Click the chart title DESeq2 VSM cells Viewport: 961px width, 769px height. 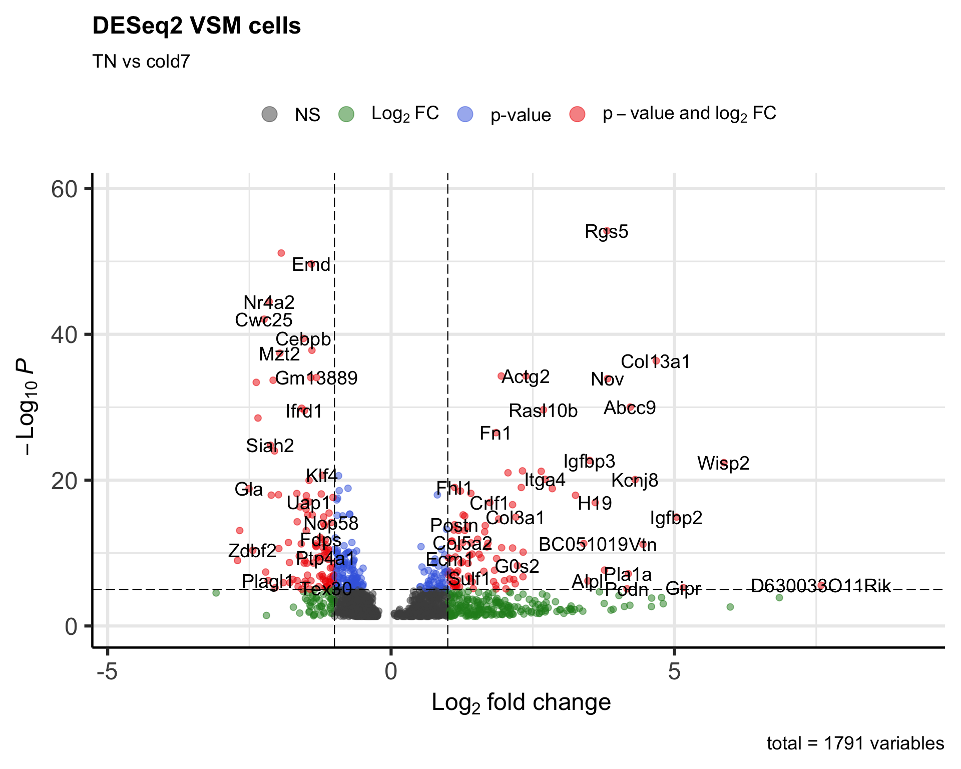196,26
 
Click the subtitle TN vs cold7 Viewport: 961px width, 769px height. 141,62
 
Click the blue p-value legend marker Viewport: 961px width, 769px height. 465,114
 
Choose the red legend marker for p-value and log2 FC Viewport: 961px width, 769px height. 578,114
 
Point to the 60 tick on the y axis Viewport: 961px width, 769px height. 65,189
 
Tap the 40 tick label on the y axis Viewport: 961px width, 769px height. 65,334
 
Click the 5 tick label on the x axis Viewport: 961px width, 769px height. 674,671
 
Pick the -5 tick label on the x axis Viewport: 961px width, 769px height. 107,671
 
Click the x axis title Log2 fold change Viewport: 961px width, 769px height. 521,702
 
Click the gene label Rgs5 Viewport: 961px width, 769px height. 606,232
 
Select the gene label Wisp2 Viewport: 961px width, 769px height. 723,463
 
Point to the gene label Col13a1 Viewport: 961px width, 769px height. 655,361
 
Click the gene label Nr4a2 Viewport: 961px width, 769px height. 269,302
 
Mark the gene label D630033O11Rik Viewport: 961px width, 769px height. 821,586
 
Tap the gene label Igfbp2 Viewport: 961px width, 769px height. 676,518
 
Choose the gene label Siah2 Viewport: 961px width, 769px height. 270,446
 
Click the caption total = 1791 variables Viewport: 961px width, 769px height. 855,743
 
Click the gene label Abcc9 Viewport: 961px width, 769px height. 630,408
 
